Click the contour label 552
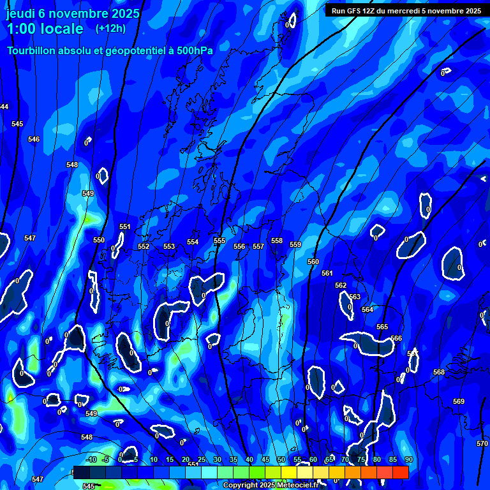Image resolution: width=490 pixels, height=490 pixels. click(144, 246)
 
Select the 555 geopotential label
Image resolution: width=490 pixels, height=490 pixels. click(219, 241)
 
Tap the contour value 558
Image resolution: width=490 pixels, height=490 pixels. click(276, 241)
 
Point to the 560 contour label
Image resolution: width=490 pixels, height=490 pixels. click(313, 262)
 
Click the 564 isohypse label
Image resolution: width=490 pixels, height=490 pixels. click(367, 309)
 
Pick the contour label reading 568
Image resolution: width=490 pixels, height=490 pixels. click(439, 372)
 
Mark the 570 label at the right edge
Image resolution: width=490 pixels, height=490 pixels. click(482, 443)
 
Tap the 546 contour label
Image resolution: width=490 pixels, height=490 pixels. click(34, 139)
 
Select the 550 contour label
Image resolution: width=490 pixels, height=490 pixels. click(99, 240)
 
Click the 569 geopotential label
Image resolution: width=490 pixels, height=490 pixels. click(459, 401)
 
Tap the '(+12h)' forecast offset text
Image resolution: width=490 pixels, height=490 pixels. click(110, 28)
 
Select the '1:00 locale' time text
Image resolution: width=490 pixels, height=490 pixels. click(45, 29)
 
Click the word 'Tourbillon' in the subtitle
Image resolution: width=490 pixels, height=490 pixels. click(32, 50)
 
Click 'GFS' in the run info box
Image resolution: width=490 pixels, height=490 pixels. click(354, 11)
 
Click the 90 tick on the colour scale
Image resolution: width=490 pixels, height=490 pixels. click(408, 459)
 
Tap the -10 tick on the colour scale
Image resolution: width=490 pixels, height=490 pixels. click(91, 459)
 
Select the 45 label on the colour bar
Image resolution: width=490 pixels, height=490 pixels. click(265, 459)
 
